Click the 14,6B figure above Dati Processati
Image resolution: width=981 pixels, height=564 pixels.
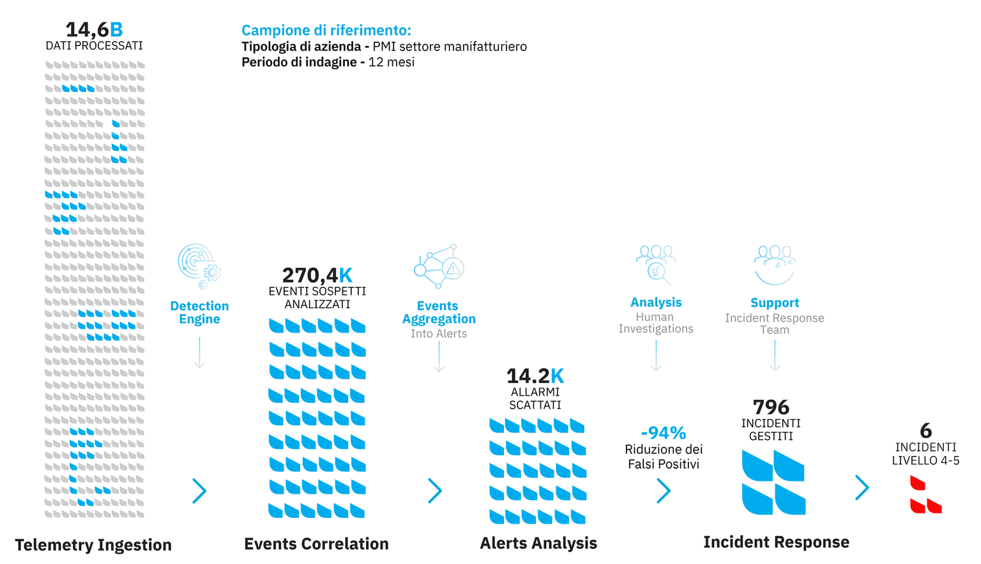94,29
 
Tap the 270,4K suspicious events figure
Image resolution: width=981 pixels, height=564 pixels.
317,275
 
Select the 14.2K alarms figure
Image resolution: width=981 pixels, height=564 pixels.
535,376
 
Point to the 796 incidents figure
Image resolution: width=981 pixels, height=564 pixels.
771,407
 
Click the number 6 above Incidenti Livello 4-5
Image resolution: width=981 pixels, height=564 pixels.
925,431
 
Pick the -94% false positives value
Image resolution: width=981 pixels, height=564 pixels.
663,433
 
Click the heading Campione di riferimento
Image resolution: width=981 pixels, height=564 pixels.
326,30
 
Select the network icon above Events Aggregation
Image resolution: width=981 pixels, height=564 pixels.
439,266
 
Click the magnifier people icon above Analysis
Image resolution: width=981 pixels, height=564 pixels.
656,263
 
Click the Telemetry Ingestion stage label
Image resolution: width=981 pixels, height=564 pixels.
93,545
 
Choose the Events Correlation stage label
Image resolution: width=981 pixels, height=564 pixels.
316,544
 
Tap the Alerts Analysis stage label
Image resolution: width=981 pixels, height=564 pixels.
538,543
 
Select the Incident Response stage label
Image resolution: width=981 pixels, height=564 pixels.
776,542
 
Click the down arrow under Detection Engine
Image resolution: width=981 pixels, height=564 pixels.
199,353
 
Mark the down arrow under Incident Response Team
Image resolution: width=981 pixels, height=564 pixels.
775,356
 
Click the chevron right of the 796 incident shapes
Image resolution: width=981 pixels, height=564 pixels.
862,488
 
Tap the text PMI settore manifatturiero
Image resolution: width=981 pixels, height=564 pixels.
450,47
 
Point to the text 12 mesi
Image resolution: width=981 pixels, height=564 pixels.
392,62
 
